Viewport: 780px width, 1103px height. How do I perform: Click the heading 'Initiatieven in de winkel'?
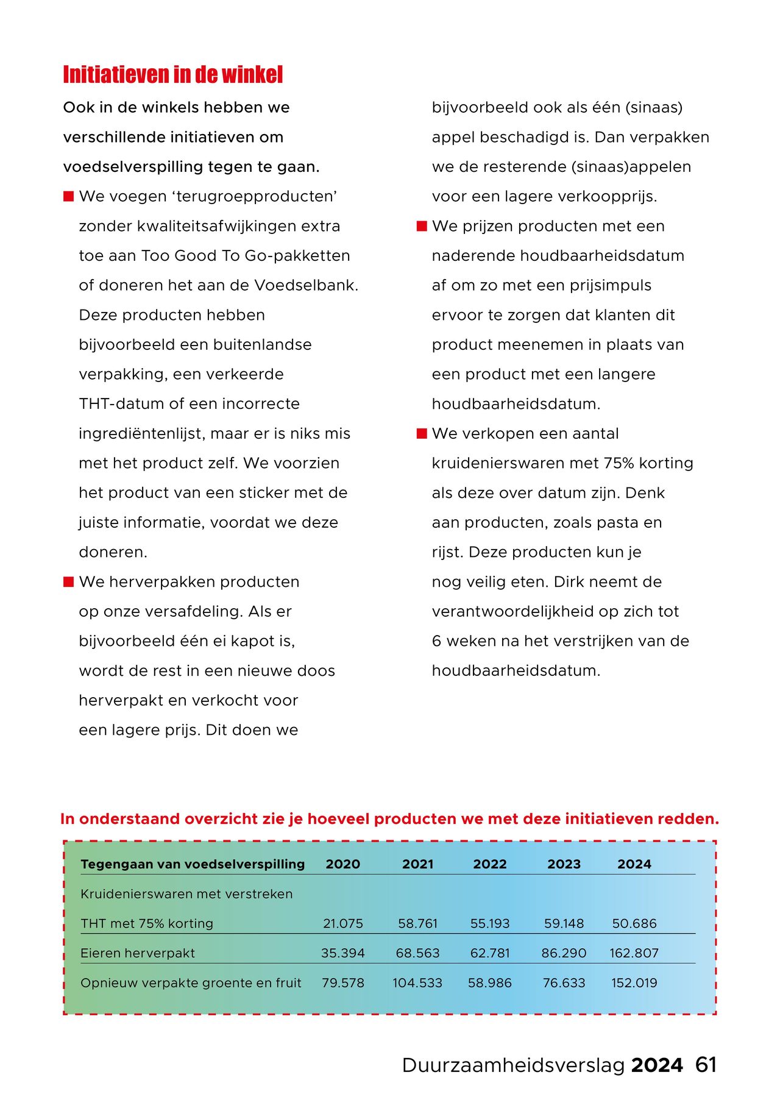click(x=173, y=74)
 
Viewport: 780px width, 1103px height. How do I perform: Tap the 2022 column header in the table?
click(x=489, y=864)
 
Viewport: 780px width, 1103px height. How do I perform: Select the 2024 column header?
click(x=634, y=864)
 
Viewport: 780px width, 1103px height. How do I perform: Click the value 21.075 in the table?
click(x=342, y=923)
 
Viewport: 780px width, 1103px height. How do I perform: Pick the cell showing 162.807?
click(x=634, y=953)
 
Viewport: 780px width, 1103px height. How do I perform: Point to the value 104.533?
click(x=417, y=983)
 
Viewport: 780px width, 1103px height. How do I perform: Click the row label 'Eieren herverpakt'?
click(x=138, y=953)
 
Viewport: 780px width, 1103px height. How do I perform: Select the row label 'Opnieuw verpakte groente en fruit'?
click(x=191, y=983)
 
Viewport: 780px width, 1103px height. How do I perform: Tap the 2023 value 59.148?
click(x=564, y=923)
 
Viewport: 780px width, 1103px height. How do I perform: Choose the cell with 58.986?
click(x=489, y=983)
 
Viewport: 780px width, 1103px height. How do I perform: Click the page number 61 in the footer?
click(x=706, y=1065)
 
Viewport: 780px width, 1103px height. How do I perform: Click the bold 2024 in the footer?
click(x=657, y=1065)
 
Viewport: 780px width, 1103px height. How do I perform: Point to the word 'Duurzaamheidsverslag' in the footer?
click(x=513, y=1065)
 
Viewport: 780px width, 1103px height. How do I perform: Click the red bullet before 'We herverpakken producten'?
click(x=68, y=582)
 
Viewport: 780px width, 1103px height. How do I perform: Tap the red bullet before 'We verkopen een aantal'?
click(x=422, y=434)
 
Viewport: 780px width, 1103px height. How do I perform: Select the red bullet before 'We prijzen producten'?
click(x=422, y=226)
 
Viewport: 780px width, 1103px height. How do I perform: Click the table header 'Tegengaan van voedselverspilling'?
click(x=193, y=864)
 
